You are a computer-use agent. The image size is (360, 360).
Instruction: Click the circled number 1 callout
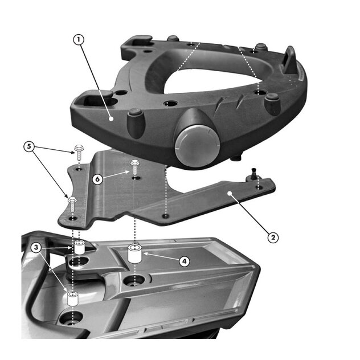pyautogui.click(x=79, y=40)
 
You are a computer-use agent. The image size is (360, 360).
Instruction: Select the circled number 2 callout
pyautogui.click(x=273, y=237)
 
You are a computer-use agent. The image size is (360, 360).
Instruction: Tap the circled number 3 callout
pyautogui.click(x=36, y=247)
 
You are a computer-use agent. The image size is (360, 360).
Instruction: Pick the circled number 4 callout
pyautogui.click(x=185, y=261)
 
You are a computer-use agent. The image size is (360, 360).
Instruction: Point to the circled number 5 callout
pyautogui.click(x=29, y=146)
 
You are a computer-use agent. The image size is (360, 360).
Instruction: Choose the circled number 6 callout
pyautogui.click(x=97, y=179)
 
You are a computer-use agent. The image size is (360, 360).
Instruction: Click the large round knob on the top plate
pyautogui.click(x=197, y=145)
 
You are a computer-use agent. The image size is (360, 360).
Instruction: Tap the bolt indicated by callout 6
pyautogui.click(x=134, y=167)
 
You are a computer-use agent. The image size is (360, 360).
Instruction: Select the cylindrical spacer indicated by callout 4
pyautogui.click(x=135, y=254)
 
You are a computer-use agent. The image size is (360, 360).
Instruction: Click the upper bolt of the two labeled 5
pyautogui.click(x=79, y=153)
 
